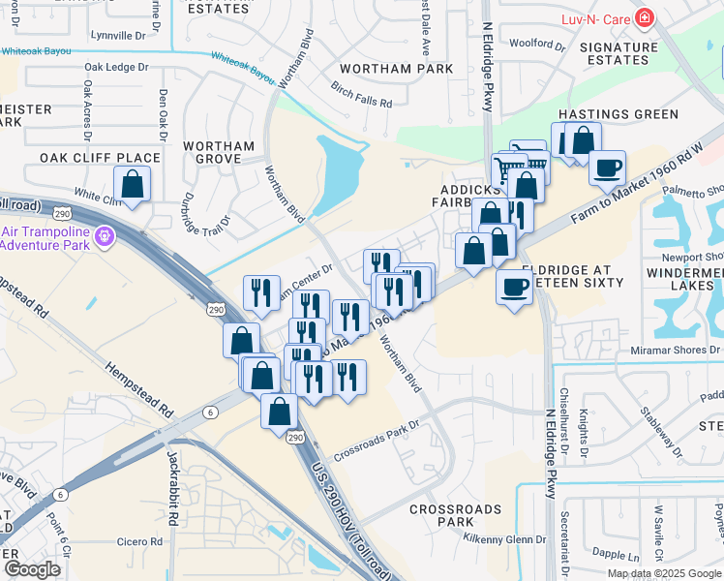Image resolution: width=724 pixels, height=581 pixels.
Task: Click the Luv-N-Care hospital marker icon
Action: click(x=644, y=19)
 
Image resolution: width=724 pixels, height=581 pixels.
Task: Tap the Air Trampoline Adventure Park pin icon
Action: click(x=107, y=234)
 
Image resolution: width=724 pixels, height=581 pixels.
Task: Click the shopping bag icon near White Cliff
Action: click(x=132, y=182)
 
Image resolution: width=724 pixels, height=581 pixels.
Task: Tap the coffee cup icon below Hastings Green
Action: click(x=607, y=167)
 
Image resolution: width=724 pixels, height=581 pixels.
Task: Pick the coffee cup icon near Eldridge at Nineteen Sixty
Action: click(x=515, y=286)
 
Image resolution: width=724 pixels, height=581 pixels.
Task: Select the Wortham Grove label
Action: click(x=219, y=152)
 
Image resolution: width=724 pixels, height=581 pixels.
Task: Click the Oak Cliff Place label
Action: click(x=100, y=157)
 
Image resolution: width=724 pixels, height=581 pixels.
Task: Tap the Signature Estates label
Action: click(x=625, y=53)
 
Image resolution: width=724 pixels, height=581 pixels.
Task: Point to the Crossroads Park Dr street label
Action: click(x=377, y=441)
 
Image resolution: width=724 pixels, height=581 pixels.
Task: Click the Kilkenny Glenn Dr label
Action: click(x=504, y=539)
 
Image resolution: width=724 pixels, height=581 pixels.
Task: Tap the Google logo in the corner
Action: click(x=32, y=569)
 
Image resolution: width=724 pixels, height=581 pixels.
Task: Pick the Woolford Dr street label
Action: click(x=537, y=44)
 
